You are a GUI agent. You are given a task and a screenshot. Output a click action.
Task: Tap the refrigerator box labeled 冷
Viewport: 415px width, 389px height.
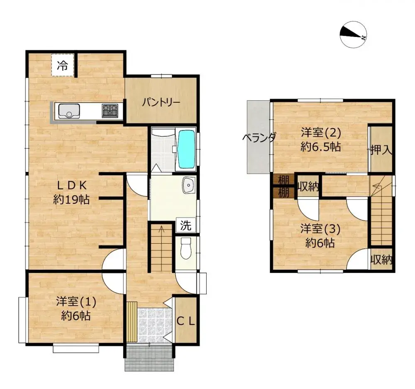coord(63,65)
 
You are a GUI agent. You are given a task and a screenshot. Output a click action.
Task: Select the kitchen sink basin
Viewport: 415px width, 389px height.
coord(69,111)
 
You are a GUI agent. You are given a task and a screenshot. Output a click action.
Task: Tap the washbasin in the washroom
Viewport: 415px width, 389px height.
coord(188,185)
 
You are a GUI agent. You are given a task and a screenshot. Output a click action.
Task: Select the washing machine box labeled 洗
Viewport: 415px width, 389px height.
coord(186,226)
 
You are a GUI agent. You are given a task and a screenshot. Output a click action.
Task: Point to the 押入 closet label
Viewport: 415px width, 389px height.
coord(381,150)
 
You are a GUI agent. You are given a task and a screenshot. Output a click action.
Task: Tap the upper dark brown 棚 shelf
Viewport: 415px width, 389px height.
coord(283,180)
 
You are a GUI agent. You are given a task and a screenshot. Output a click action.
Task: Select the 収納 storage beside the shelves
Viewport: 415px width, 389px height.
coord(308,187)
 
